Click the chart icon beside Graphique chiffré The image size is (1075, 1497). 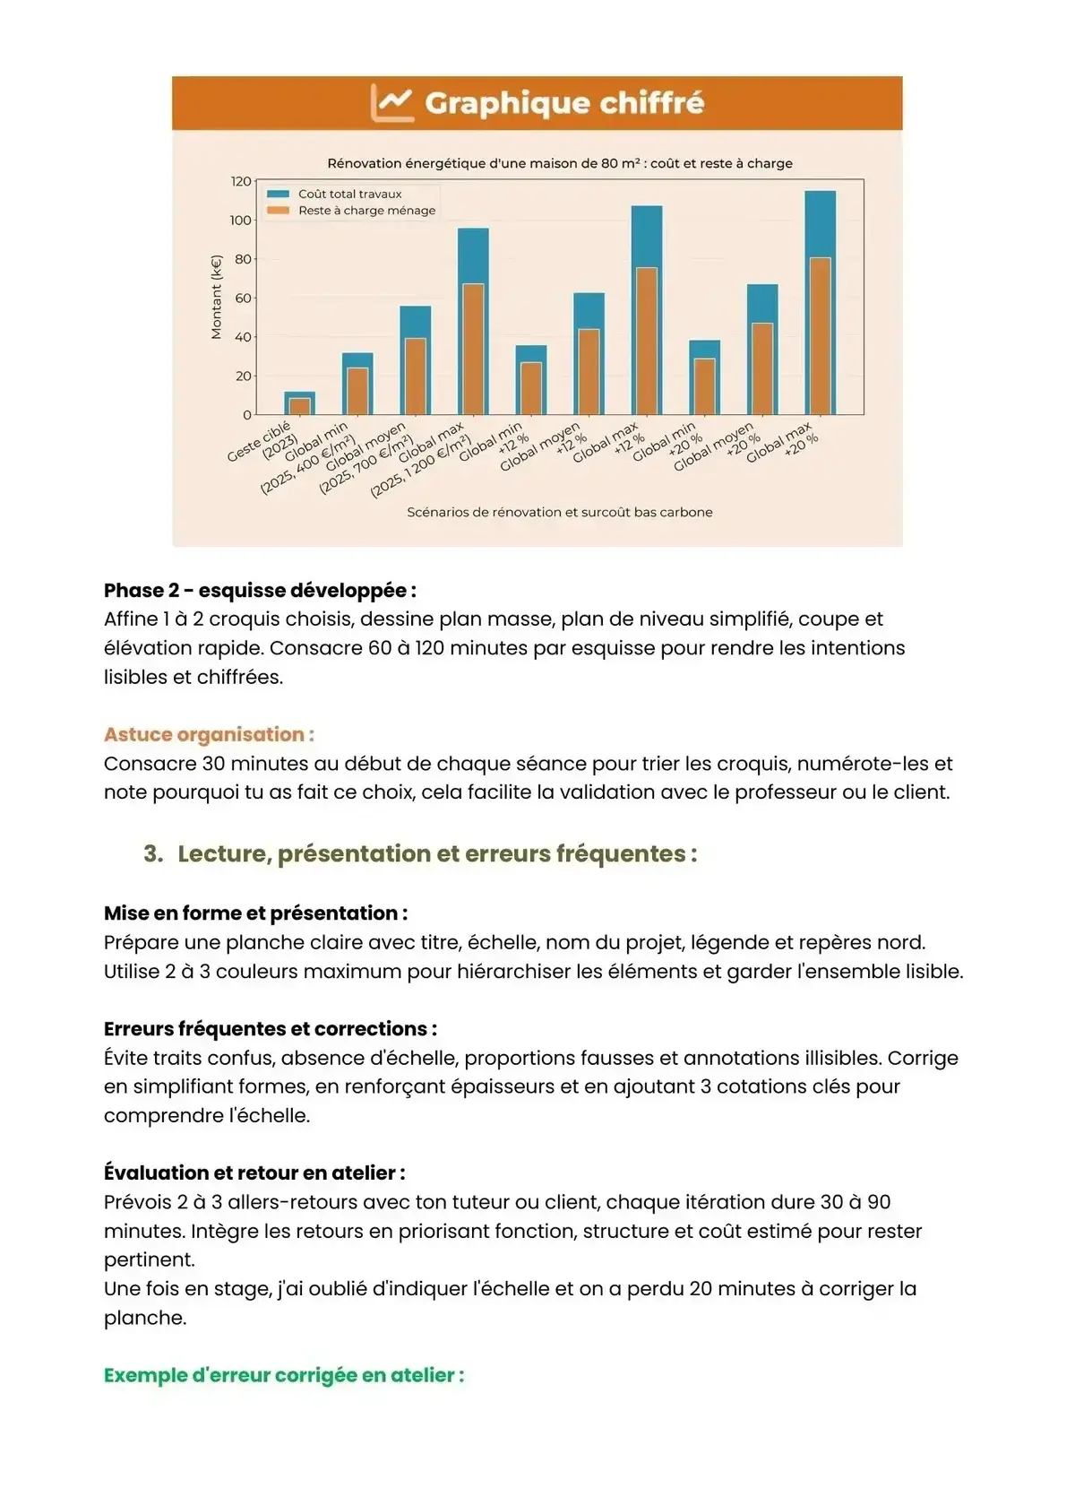point(392,103)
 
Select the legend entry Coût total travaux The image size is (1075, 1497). point(349,194)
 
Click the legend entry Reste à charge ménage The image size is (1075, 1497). point(366,211)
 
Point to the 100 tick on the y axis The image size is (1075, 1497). point(241,221)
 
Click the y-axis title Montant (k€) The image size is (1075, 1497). point(216,298)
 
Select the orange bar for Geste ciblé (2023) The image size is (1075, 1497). point(300,406)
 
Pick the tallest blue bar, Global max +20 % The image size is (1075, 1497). point(820,224)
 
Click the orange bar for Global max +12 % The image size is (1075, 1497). point(646,341)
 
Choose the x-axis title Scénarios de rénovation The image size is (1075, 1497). point(559,513)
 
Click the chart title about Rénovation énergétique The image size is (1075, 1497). point(559,163)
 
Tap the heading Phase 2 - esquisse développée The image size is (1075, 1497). point(260,591)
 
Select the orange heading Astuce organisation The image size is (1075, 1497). point(209,735)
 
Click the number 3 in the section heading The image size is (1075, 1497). point(152,853)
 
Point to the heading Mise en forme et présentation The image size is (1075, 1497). point(255,913)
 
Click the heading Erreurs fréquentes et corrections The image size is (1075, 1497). point(270,1029)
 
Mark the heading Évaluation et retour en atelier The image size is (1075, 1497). point(254,1173)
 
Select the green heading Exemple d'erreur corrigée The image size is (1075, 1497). point(284,1375)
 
